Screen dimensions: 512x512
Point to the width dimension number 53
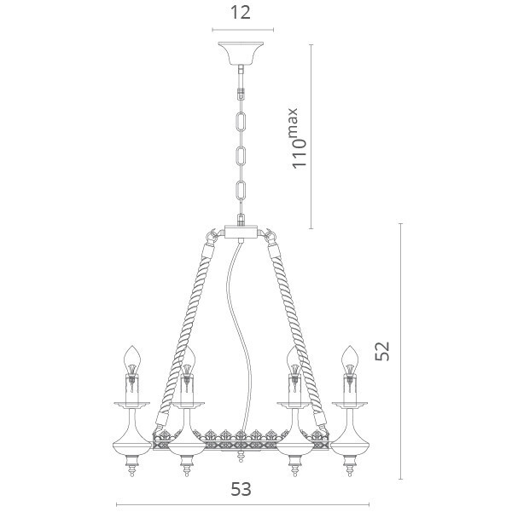coord(241,492)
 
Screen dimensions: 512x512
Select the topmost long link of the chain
coord(241,120)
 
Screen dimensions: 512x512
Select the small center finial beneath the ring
coord(241,458)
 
